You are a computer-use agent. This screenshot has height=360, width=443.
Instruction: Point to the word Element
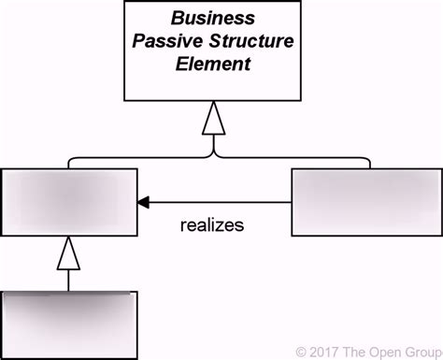click(x=216, y=65)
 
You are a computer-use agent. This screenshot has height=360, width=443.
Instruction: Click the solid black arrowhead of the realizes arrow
click(x=144, y=201)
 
